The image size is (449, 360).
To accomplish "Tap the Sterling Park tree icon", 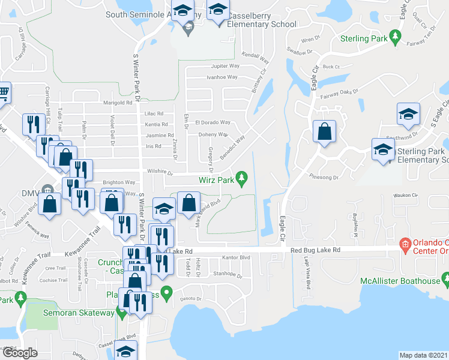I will point(395,37).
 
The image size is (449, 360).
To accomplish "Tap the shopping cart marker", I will point(3,94).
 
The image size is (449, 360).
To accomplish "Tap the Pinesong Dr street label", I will point(325,178).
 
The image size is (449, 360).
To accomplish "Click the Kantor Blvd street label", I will point(235,257).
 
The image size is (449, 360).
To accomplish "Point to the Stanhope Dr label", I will point(227,275).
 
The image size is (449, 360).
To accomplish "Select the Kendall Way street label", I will point(256,56).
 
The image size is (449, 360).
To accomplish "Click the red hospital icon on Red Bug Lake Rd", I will point(406,245).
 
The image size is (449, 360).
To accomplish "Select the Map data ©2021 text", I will point(423,355).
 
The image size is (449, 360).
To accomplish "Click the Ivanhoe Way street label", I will point(222,77).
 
